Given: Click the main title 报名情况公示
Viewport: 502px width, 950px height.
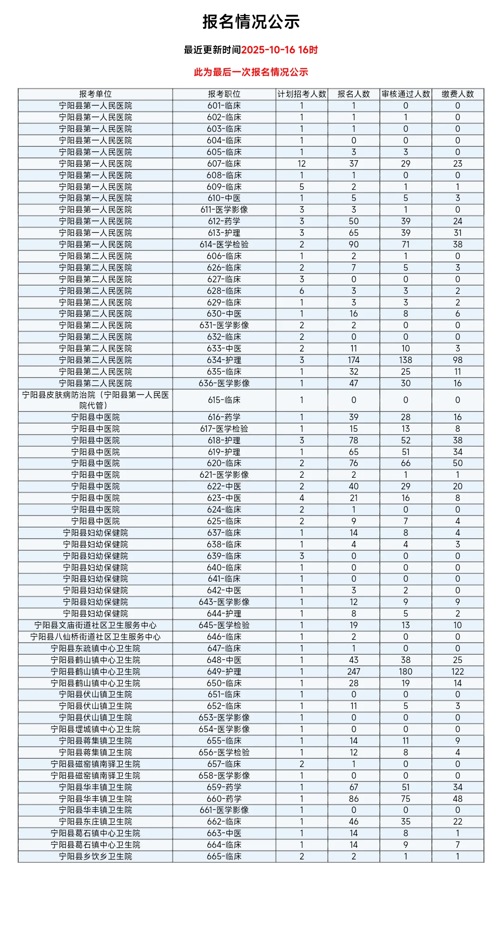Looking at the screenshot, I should click(251, 22).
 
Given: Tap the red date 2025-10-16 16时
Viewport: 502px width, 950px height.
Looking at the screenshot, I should click(279, 50).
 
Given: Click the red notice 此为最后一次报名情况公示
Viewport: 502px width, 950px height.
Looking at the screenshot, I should click(251, 72).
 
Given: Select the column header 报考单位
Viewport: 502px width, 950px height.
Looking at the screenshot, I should click(95, 94).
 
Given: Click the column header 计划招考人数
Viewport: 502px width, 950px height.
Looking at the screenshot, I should click(302, 94).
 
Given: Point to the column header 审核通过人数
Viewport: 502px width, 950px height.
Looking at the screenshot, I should click(406, 94).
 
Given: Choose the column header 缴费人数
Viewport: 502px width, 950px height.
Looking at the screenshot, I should click(458, 94).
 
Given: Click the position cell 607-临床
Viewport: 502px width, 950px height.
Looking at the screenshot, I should click(224, 163).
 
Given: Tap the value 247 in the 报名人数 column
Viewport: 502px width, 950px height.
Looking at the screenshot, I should click(354, 671).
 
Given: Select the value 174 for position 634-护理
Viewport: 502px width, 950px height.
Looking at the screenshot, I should click(354, 360).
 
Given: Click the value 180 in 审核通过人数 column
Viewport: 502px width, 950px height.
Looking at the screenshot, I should click(406, 671).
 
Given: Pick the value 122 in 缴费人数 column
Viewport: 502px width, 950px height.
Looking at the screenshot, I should click(458, 671).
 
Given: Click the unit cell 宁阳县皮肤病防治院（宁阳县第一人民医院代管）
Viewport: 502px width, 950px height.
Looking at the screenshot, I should click(95, 400).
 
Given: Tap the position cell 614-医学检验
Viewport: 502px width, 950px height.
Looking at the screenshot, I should click(224, 244).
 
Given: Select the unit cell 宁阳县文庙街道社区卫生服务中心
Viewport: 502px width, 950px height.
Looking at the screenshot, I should click(95, 625).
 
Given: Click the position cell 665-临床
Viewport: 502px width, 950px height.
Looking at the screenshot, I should click(224, 856).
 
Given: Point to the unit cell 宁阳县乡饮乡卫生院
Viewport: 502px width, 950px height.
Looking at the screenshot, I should click(95, 856).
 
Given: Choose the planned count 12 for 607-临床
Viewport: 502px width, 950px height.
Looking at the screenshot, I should click(302, 163).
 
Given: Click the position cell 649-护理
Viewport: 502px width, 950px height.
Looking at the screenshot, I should click(224, 671).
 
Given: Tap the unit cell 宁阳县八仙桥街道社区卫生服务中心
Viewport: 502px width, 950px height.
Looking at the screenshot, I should click(95, 637).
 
